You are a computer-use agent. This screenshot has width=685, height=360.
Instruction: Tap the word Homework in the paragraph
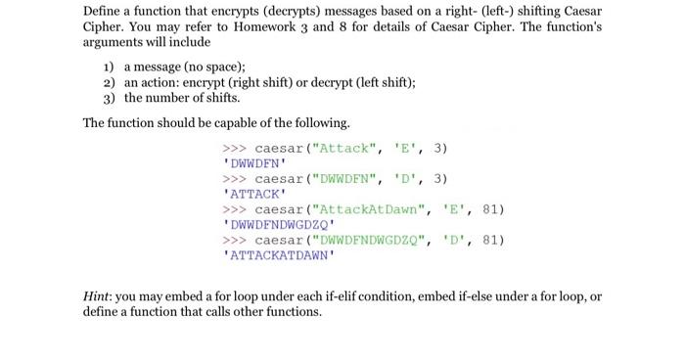pos(281,27)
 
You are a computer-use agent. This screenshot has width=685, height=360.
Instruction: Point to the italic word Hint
pos(100,295)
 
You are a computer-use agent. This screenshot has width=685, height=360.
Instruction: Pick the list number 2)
pos(109,83)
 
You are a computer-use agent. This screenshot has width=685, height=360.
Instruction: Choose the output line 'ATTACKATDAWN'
pos(279,255)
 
